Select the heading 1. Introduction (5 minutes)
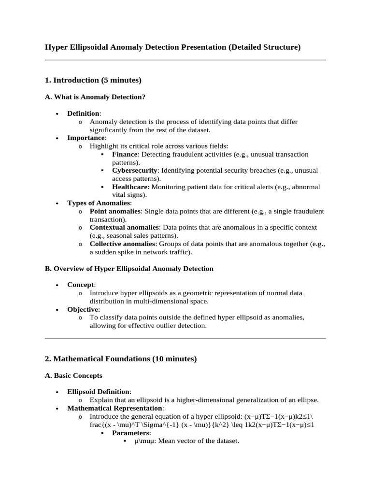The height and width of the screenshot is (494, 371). point(93,80)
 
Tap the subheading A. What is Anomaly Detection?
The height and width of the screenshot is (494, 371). point(95,97)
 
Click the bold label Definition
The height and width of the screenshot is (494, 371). point(83,113)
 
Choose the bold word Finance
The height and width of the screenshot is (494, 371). point(125,154)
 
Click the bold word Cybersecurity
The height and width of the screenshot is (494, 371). point(135,170)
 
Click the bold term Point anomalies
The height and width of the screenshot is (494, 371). point(115,211)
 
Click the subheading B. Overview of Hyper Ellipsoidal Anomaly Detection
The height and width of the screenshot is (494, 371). point(129,268)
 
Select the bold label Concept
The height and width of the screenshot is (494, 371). point(81,285)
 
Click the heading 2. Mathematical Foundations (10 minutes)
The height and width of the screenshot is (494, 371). point(121,359)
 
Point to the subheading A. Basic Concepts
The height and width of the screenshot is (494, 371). point(73,375)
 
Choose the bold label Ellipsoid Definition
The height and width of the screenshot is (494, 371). point(98,392)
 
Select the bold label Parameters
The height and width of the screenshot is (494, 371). point(131,433)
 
